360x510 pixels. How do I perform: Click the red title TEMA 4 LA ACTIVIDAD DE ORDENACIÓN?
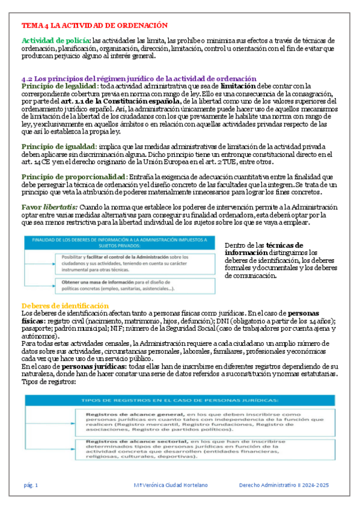point(94,25)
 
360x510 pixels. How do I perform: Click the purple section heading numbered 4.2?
point(139,79)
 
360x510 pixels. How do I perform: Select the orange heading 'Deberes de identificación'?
point(65,306)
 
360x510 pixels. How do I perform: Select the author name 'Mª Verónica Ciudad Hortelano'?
point(171,485)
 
